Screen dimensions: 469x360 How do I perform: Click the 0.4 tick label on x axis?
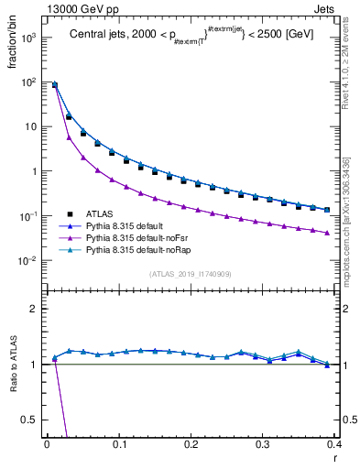point(334,444)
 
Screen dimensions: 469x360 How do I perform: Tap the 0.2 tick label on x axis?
point(191,444)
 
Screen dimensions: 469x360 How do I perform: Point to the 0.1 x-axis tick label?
point(119,444)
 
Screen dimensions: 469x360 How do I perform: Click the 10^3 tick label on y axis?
point(27,38)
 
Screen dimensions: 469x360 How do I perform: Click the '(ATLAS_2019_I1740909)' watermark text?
point(191,274)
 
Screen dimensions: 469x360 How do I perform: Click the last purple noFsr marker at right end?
point(327,233)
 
